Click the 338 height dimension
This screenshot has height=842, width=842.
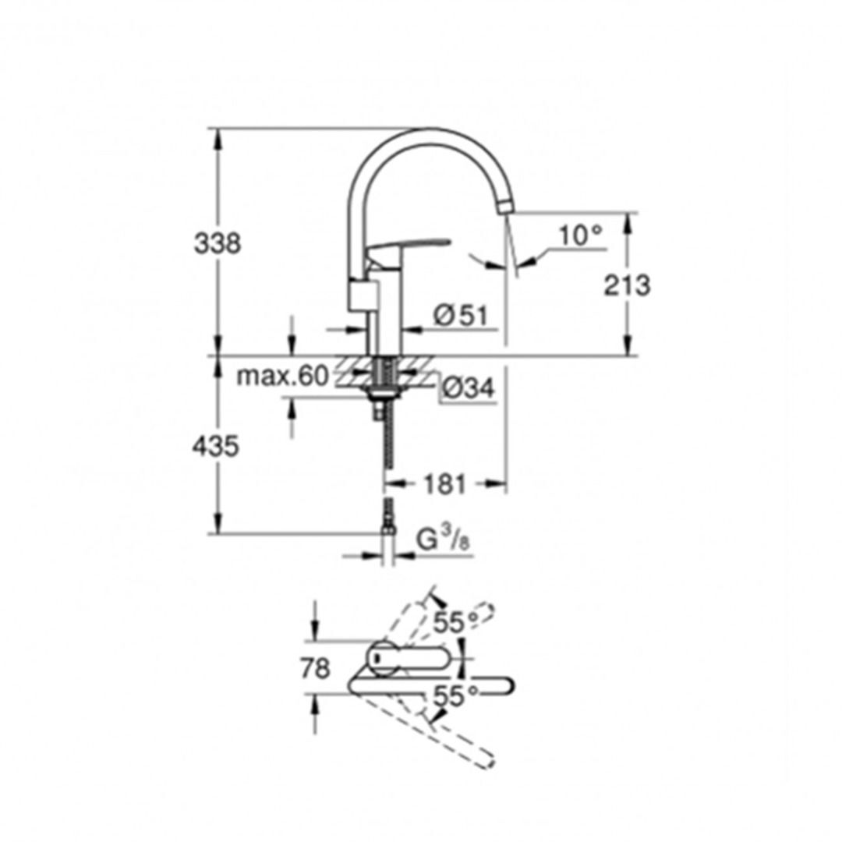(x=218, y=243)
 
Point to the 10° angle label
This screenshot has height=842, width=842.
(x=581, y=235)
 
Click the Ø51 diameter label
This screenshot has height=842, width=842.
(x=460, y=316)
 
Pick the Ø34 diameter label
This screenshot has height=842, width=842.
(x=468, y=388)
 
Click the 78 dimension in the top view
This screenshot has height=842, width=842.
(x=315, y=668)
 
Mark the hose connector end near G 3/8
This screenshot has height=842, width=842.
(x=387, y=531)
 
